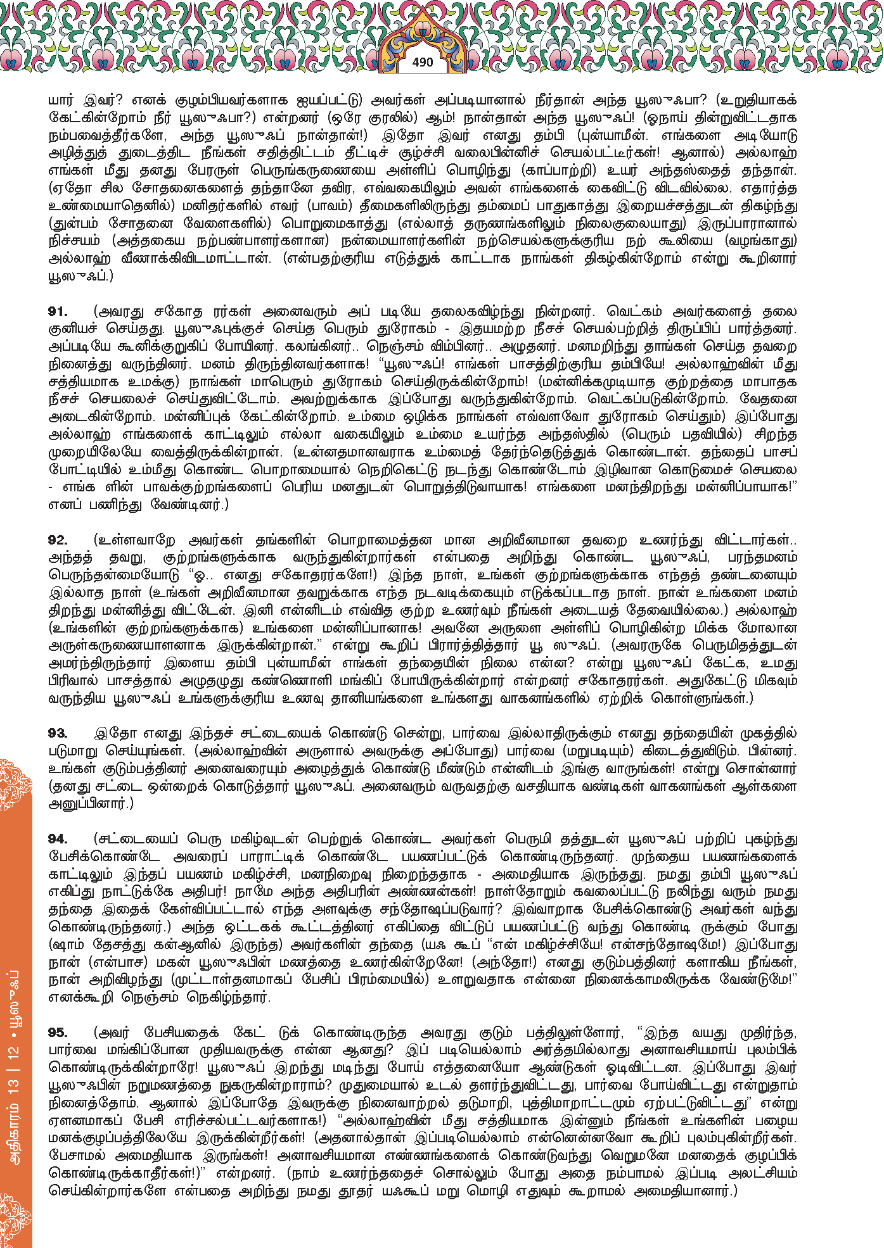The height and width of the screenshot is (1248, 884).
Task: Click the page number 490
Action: point(422,62)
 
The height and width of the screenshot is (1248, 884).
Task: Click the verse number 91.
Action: point(58,312)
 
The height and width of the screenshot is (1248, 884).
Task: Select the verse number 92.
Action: point(58,540)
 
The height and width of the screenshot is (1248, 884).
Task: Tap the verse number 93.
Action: point(58,733)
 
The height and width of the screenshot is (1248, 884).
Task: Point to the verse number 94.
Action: point(58,839)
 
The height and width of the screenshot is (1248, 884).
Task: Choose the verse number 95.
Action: point(58,1033)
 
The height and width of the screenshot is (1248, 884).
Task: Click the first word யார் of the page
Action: point(61,100)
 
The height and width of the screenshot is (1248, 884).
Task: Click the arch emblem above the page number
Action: point(422,38)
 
